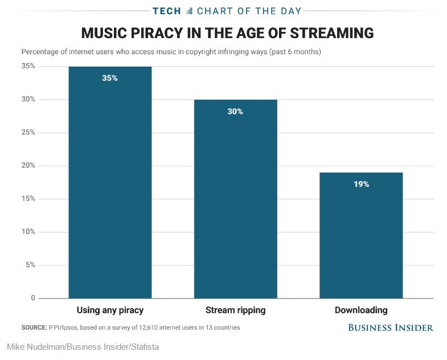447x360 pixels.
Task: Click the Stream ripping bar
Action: [235, 199]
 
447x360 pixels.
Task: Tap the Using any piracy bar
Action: [110, 182]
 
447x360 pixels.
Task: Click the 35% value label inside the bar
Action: [110, 78]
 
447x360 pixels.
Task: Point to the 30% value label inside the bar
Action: [235, 112]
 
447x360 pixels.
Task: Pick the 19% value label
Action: [361, 184]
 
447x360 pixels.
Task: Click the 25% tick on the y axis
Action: [28, 133]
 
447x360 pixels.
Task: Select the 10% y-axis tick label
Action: [28, 232]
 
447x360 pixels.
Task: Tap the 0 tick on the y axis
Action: [33, 298]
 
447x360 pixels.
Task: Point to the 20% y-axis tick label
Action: [28, 166]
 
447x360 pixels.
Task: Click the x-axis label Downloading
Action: [361, 310]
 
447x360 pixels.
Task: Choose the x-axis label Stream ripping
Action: [235, 310]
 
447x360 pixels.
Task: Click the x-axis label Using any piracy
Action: [110, 310]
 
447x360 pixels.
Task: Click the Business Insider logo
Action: [391, 328]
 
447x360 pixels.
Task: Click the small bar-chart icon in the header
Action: [190, 11]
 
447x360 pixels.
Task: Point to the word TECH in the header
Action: [167, 11]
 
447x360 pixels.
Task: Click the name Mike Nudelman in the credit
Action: [35, 346]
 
